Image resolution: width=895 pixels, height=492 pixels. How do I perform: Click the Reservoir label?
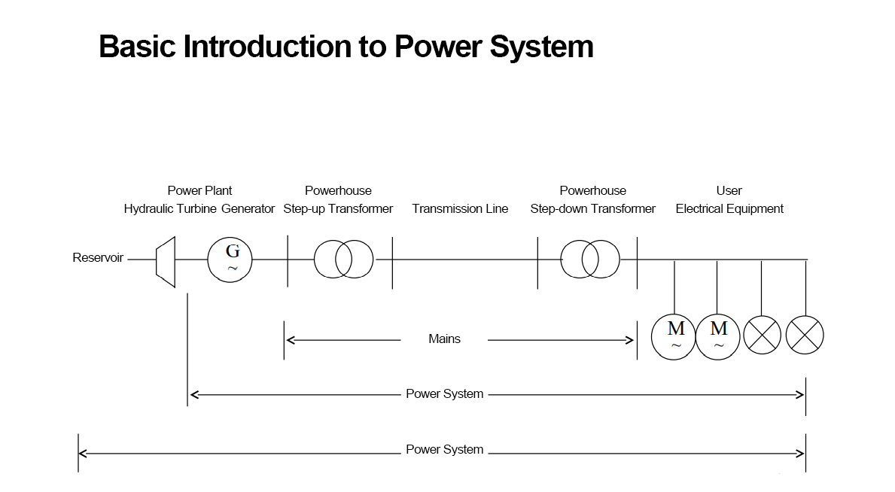pyautogui.click(x=98, y=258)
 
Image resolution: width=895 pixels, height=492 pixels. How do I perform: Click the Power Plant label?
pyautogui.click(x=199, y=190)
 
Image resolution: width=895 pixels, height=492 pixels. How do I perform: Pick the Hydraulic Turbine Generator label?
pyautogui.click(x=199, y=208)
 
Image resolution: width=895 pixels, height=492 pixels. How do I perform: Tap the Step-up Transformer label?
pyautogui.click(x=338, y=208)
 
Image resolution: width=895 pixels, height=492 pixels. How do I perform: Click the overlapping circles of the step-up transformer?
pyautogui.click(x=344, y=259)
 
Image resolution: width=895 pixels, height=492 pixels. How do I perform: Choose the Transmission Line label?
pyautogui.click(x=460, y=208)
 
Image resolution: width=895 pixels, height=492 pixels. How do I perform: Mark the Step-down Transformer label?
pyautogui.click(x=592, y=208)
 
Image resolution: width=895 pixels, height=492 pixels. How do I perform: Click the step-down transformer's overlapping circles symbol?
pyautogui.click(x=590, y=260)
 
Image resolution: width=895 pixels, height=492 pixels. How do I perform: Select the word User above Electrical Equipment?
pyautogui.click(x=729, y=190)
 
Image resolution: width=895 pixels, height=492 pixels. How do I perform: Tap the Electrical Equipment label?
pyautogui.click(x=729, y=208)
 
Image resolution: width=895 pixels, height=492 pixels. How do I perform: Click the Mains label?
pyautogui.click(x=444, y=339)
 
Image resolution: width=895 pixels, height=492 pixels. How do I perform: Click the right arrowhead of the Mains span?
pyautogui.click(x=631, y=340)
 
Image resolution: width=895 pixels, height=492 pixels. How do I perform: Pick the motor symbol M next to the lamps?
pyautogui.click(x=718, y=336)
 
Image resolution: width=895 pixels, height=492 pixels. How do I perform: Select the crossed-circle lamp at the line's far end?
pyautogui.click(x=805, y=335)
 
